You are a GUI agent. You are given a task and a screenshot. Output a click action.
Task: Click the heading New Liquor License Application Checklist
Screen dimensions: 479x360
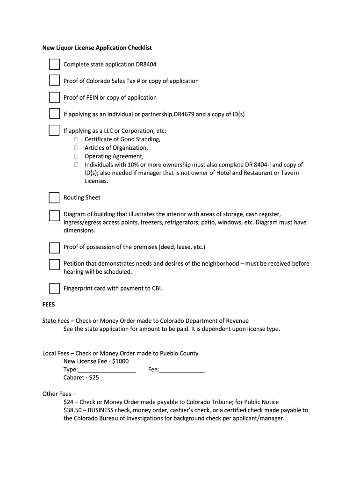[x=97, y=48]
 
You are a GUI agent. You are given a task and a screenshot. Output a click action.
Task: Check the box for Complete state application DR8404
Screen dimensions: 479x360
[x=55, y=65]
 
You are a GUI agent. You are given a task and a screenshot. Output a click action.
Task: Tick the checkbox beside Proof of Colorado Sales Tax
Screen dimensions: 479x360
[x=55, y=81]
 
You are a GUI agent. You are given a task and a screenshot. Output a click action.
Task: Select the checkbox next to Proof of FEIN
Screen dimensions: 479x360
[x=55, y=97]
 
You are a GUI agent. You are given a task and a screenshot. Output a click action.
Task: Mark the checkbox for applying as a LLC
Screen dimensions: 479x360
[x=55, y=131]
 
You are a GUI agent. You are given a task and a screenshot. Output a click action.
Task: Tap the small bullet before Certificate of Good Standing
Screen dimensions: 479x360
[x=76, y=139]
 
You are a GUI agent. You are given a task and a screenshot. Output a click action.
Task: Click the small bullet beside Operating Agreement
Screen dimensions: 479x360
[x=76, y=156]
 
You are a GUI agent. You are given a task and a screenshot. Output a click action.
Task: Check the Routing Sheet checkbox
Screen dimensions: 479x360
[x=55, y=197]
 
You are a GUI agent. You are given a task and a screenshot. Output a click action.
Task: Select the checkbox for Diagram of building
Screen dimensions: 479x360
[x=55, y=215]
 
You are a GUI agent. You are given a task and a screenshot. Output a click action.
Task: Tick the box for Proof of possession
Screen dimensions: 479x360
[x=55, y=247]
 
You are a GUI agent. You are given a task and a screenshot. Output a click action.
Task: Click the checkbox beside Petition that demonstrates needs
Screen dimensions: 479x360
[x=55, y=264]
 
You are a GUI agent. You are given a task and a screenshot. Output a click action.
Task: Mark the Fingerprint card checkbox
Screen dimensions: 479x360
[x=55, y=288]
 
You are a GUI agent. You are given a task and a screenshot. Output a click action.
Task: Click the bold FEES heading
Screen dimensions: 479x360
[x=49, y=305]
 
